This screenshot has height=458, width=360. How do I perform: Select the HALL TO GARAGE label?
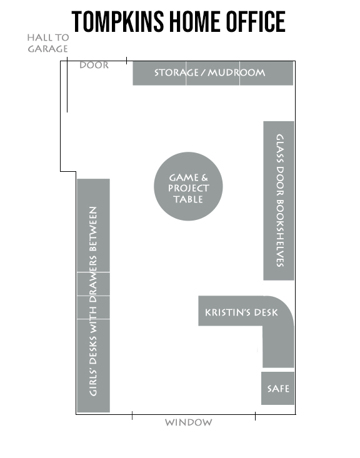tap(48, 43)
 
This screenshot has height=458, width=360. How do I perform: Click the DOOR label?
tap(94, 65)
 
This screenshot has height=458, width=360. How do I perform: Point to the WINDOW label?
tap(189, 422)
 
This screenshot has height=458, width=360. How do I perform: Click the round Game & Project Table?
tap(188, 186)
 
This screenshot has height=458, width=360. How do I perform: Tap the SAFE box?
tap(277, 388)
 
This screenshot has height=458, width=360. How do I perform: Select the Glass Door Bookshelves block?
tap(279, 201)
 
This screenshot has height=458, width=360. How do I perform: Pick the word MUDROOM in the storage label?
tap(236, 72)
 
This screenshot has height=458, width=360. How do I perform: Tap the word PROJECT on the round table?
tap(189, 188)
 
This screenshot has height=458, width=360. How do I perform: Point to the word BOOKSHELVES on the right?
tap(280, 233)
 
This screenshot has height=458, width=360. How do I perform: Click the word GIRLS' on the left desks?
tap(93, 379)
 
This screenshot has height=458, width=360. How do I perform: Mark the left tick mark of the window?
tap(132, 416)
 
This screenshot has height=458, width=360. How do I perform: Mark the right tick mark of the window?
tap(255, 416)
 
